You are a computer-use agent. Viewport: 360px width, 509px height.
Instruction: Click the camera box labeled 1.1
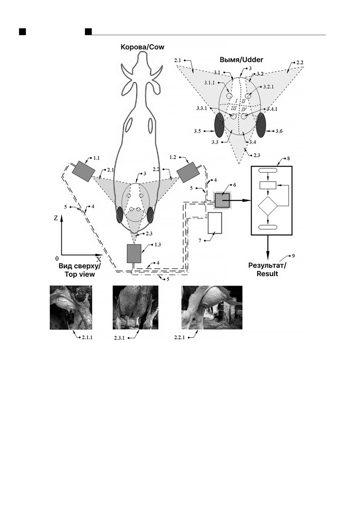[x=82, y=171]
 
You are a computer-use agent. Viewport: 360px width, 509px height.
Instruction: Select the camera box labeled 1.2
[x=188, y=172]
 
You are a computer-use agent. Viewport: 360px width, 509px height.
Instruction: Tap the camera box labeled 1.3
[x=134, y=253]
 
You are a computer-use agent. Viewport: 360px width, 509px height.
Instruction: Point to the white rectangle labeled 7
[x=215, y=223]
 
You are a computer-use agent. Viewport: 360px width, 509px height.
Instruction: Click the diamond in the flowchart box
[x=268, y=206]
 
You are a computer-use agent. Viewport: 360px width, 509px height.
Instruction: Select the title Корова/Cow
[x=142, y=47]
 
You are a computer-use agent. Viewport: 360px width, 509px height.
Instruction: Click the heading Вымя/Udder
[x=241, y=60]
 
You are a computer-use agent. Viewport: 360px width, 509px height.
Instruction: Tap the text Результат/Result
[x=267, y=270]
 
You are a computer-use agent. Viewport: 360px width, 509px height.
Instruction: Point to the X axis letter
[x=99, y=259]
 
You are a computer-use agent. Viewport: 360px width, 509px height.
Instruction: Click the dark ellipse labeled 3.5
[x=219, y=125]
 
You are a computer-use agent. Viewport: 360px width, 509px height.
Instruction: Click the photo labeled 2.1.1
[x=71, y=307]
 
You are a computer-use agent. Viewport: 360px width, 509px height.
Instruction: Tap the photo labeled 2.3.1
[x=135, y=307]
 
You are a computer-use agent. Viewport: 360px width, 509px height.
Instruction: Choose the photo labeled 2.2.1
[x=212, y=307]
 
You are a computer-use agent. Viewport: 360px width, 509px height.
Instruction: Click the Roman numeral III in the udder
[x=234, y=108]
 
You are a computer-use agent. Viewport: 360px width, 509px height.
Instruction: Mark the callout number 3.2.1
[x=269, y=87]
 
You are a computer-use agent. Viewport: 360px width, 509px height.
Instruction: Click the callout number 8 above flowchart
[x=288, y=159]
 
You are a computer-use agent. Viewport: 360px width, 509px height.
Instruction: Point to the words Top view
[x=80, y=274]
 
